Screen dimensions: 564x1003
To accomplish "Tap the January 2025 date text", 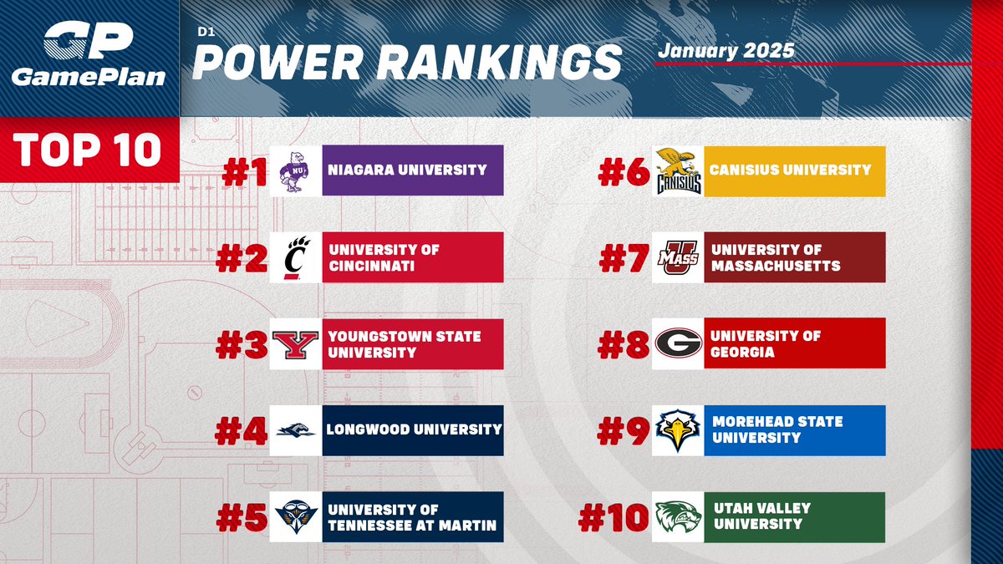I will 726,49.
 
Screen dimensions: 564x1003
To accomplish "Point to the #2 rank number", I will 242,258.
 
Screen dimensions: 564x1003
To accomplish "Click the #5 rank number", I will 242,517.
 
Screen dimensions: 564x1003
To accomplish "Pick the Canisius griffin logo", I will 679,171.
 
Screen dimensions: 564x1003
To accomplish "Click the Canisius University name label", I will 790,170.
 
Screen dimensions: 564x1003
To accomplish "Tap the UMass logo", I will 679,258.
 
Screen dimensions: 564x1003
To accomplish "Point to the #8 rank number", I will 624,344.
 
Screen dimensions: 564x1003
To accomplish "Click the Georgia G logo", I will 679,344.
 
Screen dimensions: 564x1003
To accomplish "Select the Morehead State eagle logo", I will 679,430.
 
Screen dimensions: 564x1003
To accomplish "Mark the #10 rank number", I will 614,517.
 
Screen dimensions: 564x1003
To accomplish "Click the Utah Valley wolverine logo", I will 679,517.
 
